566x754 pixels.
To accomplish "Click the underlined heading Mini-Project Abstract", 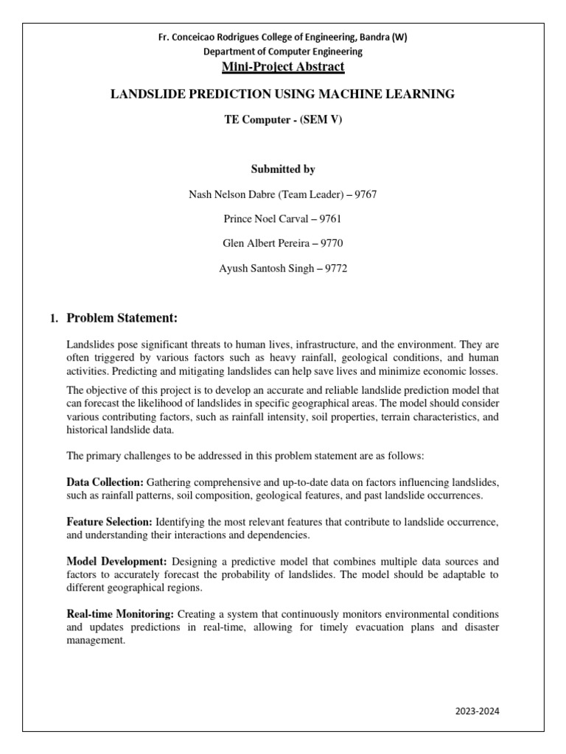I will (283, 67).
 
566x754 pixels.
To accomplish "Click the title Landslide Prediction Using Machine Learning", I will (282, 94).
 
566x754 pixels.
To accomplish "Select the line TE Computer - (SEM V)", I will (282, 121).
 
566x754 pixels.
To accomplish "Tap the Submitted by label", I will (282, 169).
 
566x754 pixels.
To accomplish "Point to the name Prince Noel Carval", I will (264, 219).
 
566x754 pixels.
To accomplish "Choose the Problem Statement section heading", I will (122, 318).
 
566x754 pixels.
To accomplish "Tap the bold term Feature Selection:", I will (109, 521).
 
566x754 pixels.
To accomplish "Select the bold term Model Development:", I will (117, 561).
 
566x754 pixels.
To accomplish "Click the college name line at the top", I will (283, 37).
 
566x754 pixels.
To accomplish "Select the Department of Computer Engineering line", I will (283, 52).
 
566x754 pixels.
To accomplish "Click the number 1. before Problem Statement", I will (53, 319).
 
